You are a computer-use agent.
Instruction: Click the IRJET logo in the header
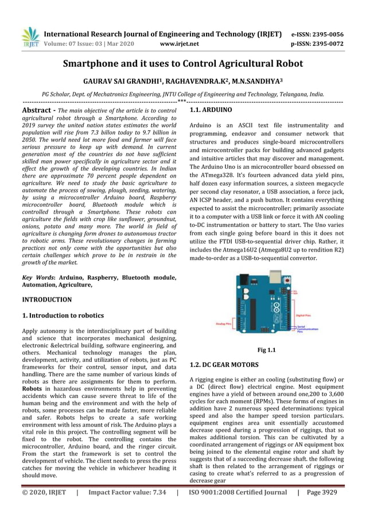[x=29, y=37]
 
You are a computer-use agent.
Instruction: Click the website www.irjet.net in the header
[x=180, y=43]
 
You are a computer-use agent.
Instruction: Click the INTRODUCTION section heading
[x=46, y=300]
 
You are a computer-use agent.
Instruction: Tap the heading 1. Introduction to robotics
[x=63, y=315]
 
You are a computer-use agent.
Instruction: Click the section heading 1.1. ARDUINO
[x=211, y=109]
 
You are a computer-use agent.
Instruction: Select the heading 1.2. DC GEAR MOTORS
[x=224, y=365]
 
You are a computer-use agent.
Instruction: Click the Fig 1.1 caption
[x=266, y=350]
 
